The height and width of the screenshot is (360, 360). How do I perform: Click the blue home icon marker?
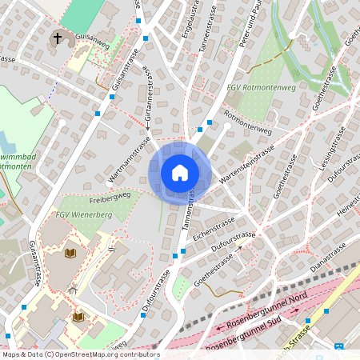180,172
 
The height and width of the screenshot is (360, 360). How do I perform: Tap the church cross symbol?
58,38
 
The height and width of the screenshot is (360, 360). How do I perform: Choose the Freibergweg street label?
110,194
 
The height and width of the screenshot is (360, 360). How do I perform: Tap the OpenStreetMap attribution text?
80,354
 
